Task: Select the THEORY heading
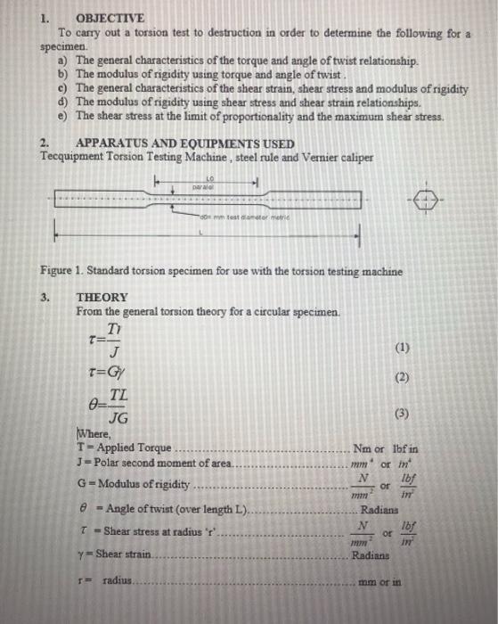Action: pos(102,297)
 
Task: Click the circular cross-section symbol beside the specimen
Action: pos(425,201)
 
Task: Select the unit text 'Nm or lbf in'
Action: pos(385,447)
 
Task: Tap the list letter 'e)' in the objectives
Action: pos(63,116)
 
